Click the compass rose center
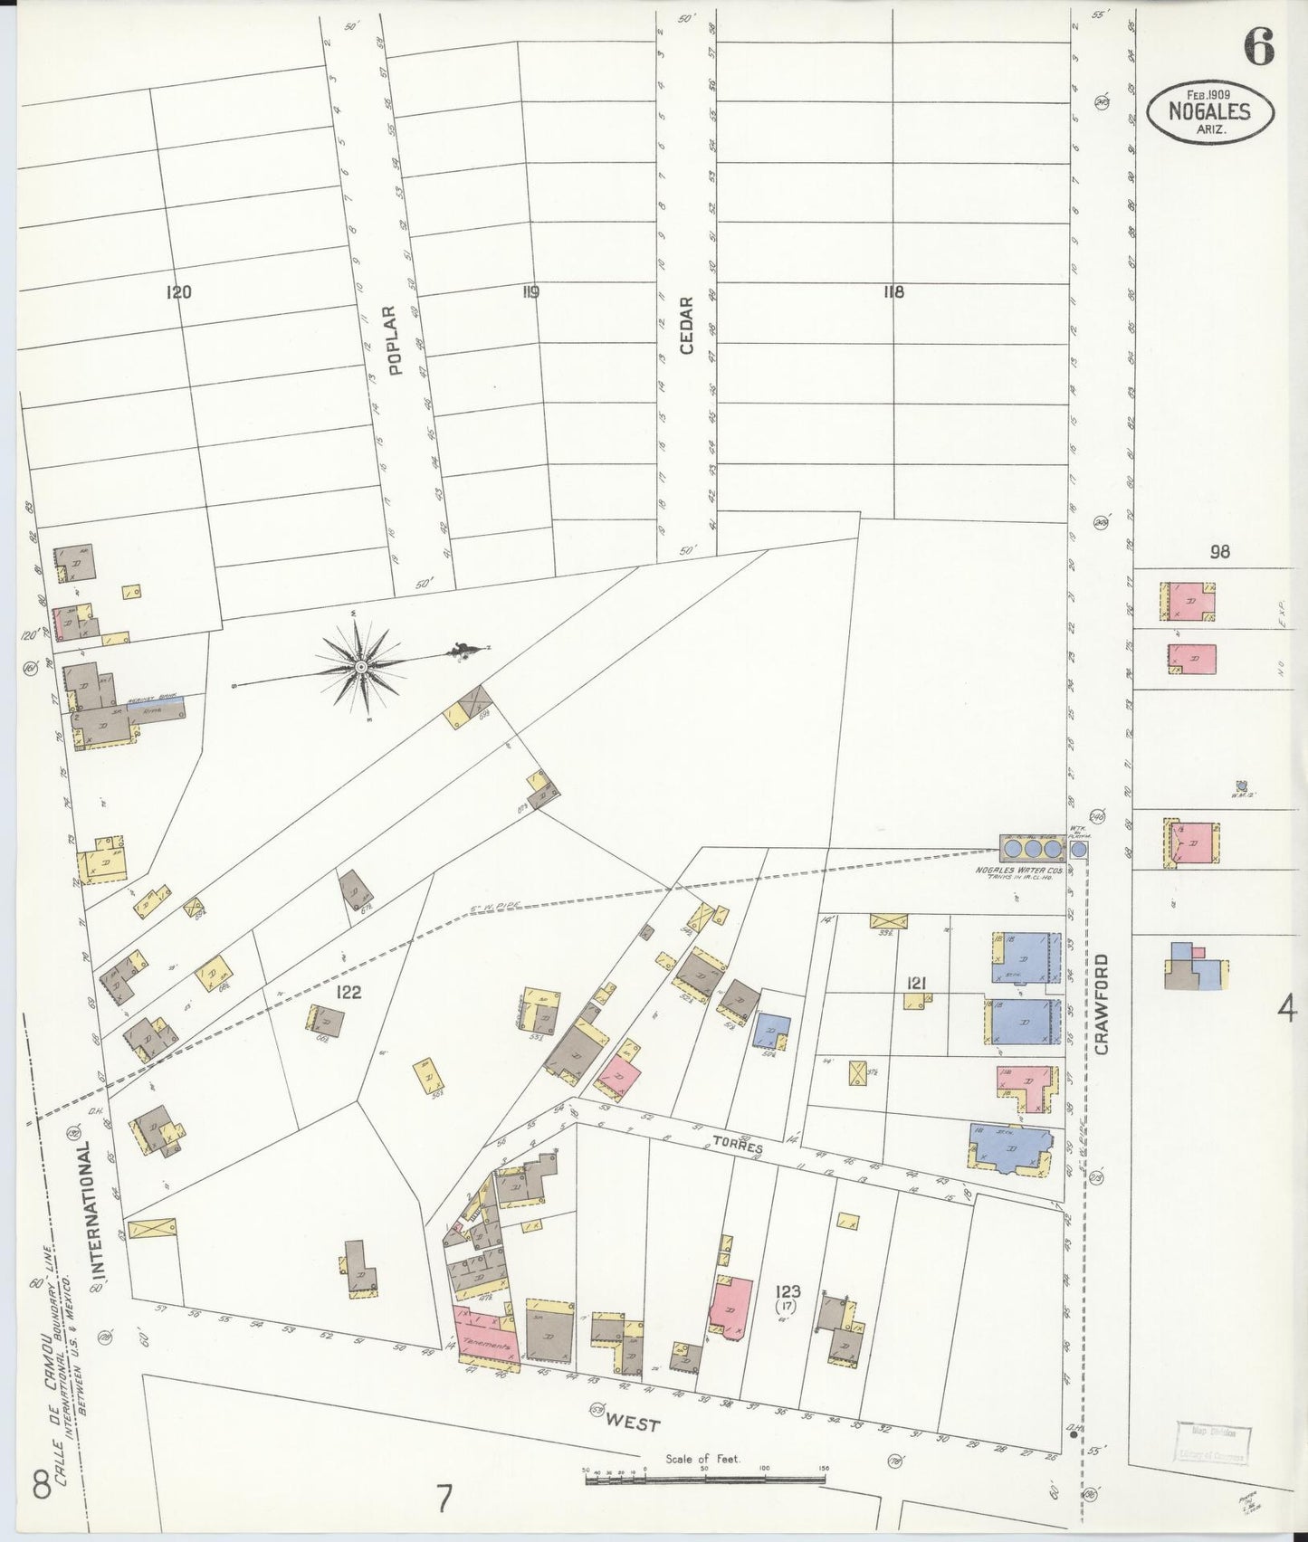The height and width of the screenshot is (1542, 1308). pos(361,667)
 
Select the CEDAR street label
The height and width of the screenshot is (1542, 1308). pos(685,326)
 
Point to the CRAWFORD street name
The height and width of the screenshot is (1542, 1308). pos(1101,1004)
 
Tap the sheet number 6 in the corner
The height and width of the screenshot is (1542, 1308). pos(1258,47)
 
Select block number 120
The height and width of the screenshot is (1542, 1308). pos(178,292)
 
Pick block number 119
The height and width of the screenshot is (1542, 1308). pos(530,292)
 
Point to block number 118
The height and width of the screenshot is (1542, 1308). pos(893,291)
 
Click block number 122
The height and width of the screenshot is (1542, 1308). pos(348,992)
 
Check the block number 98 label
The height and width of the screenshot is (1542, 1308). pos(1219,551)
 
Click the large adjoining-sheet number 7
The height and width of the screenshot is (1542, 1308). pos(444,1500)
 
